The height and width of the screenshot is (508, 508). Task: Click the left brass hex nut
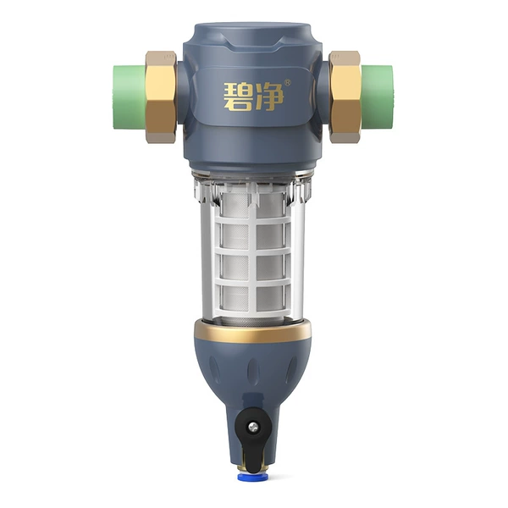coord(161,97)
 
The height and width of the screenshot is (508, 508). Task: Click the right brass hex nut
coord(345,97)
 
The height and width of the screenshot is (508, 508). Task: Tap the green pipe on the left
coord(130,97)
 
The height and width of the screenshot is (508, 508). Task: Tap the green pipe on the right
coord(378,97)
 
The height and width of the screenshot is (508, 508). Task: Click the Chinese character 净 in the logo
coord(269,97)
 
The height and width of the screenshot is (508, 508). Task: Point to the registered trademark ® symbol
coord(287,83)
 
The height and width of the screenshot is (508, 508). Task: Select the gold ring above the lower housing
coord(253,331)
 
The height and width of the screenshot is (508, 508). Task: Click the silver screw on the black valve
coord(254,428)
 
